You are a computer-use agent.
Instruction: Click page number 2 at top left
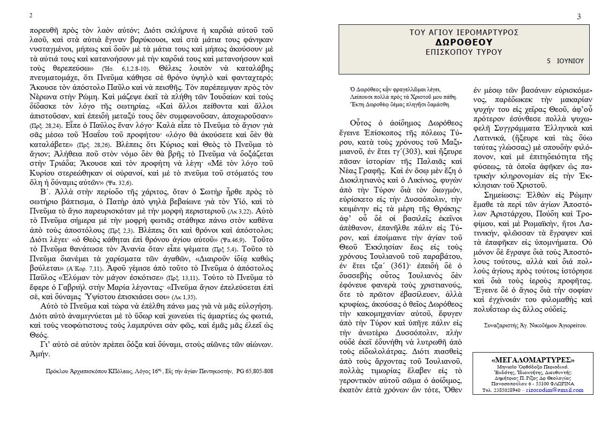(30, 15)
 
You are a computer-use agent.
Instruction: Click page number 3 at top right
(579, 17)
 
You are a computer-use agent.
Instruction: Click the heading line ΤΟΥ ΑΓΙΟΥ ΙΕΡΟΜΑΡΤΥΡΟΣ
(464, 32)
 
